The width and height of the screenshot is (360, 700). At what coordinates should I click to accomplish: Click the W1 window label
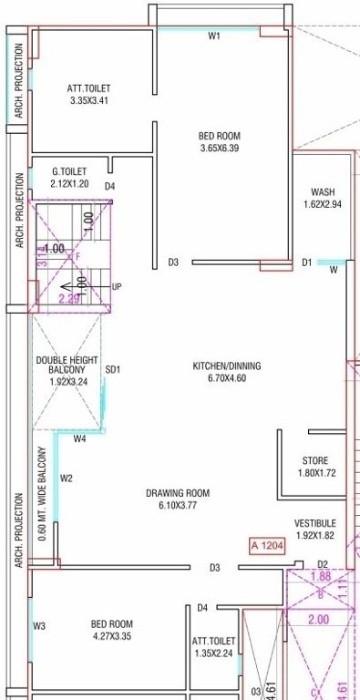pyautogui.click(x=214, y=36)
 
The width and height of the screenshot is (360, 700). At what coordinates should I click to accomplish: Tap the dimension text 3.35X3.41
pyautogui.click(x=88, y=100)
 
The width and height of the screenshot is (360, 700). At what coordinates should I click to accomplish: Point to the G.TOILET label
pyautogui.click(x=68, y=170)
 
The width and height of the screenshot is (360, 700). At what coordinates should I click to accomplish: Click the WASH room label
pyautogui.click(x=323, y=192)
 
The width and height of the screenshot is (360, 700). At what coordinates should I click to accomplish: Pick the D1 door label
pyautogui.click(x=307, y=262)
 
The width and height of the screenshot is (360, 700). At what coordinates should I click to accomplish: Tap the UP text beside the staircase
pyautogui.click(x=116, y=286)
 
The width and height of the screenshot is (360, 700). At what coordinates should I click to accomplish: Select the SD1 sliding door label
pyautogui.click(x=113, y=370)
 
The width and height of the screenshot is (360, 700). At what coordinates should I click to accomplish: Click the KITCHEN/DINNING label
pyautogui.click(x=226, y=366)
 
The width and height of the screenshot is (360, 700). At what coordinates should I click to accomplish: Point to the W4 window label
pyautogui.click(x=80, y=439)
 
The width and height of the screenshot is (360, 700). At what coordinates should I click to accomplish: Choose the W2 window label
pyautogui.click(x=66, y=478)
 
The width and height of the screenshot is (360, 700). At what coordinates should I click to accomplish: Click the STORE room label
pyautogui.click(x=315, y=461)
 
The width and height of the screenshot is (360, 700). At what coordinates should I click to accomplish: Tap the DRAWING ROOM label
pyautogui.click(x=178, y=493)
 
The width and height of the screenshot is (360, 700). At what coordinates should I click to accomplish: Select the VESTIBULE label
pyautogui.click(x=315, y=523)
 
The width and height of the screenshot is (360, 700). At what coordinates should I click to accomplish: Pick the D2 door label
pyautogui.click(x=322, y=565)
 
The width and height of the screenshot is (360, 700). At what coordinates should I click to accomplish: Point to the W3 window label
pyautogui.click(x=39, y=625)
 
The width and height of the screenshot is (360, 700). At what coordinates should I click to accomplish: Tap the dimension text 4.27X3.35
pyautogui.click(x=111, y=636)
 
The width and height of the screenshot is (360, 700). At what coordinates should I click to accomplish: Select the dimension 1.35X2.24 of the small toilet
pyautogui.click(x=214, y=654)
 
